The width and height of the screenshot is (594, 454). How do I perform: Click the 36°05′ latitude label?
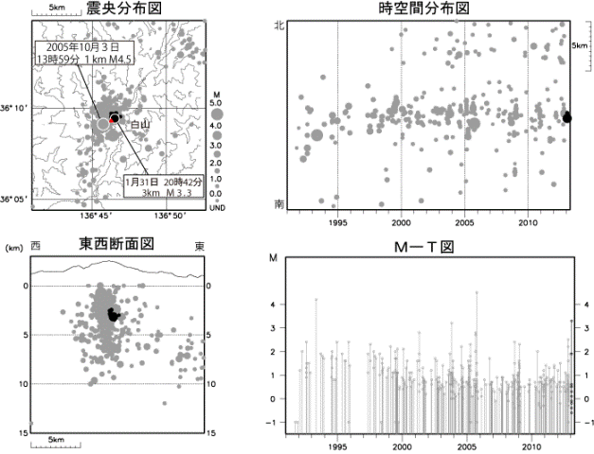(15, 200)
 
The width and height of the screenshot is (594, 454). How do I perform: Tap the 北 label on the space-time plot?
(279, 26)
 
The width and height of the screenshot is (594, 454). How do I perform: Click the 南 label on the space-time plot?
(279, 202)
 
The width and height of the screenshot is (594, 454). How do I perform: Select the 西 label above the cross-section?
(35, 246)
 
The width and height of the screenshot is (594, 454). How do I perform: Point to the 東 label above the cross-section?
(200, 246)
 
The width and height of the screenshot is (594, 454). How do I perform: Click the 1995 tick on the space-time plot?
(338, 223)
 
